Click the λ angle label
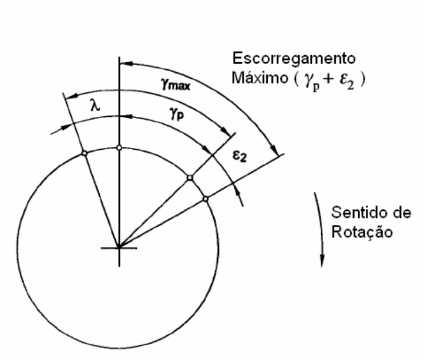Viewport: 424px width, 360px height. point(95,105)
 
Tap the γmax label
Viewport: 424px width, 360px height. point(176,84)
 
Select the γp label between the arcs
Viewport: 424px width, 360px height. point(177,113)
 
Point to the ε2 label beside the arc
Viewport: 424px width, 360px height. point(240,156)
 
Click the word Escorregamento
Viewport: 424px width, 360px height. point(294,58)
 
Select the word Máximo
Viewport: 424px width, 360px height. point(260,78)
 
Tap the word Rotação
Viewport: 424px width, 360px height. point(362,232)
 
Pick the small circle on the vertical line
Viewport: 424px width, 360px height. point(119,147)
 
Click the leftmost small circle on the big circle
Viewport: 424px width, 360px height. point(85,153)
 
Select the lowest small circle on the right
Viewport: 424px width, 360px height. point(206,199)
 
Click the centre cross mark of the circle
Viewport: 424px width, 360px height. point(119,248)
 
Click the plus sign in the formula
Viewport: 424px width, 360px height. point(329,79)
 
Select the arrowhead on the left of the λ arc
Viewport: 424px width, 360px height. point(72,96)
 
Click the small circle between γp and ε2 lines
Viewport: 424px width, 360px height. point(190,178)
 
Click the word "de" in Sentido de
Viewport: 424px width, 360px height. point(402,213)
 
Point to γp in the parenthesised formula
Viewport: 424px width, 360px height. point(312,82)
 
